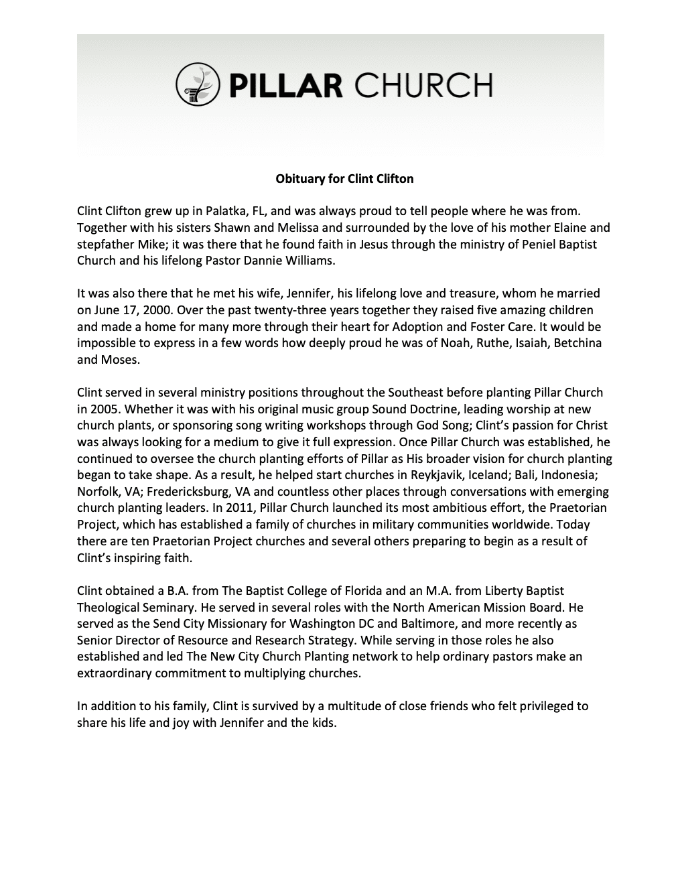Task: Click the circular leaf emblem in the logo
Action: pyautogui.click(x=198, y=85)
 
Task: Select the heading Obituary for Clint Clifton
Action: pyautogui.click(x=345, y=179)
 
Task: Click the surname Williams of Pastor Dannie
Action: pyautogui.click(x=306, y=261)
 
